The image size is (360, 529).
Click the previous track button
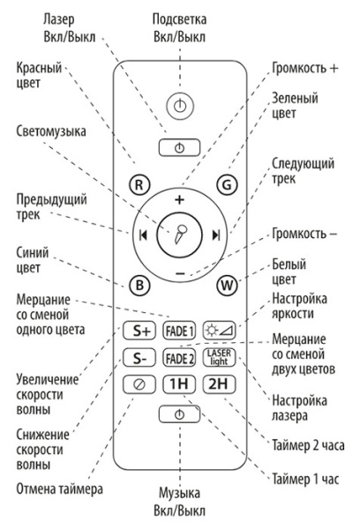click(141, 236)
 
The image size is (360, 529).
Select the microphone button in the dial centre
click(180, 235)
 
